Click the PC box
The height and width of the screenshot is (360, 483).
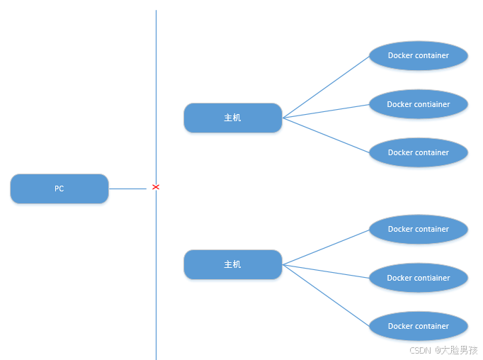click(59, 189)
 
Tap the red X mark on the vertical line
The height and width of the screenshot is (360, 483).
click(156, 187)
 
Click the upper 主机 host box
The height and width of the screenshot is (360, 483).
click(232, 118)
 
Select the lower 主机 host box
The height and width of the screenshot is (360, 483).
click(232, 264)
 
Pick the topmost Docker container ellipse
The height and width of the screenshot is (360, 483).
click(419, 55)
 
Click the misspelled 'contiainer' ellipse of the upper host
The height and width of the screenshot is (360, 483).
click(419, 104)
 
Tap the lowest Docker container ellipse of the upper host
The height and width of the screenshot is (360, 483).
click(419, 152)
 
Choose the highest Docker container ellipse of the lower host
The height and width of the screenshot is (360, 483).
click(419, 229)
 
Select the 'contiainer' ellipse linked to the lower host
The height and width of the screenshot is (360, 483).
click(419, 278)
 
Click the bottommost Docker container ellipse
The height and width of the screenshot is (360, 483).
click(419, 326)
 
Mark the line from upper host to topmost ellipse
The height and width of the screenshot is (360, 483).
click(326, 86)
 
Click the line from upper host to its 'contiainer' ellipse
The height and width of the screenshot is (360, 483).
click(326, 111)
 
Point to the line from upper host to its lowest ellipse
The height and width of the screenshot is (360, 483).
click(326, 135)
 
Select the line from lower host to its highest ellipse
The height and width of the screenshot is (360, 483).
click(326, 247)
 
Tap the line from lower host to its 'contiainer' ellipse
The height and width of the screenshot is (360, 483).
click(326, 271)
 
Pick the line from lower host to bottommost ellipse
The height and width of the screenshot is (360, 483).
click(326, 295)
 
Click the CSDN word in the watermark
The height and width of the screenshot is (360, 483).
click(420, 350)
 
